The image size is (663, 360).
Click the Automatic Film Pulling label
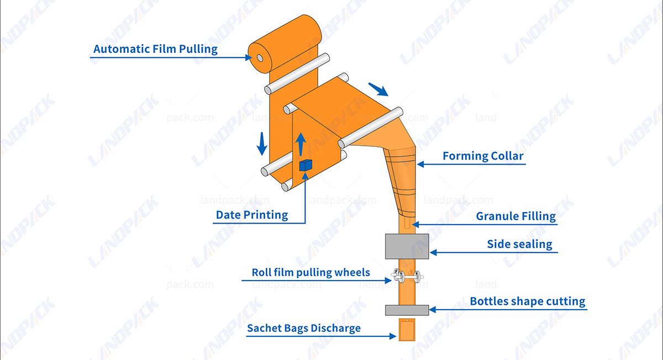click(155, 49)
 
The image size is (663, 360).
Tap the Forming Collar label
click(482, 156)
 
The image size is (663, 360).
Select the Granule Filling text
click(515, 216)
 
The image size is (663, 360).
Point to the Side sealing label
click(519, 244)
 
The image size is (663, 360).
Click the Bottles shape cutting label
click(527, 301)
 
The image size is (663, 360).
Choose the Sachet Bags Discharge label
click(303, 328)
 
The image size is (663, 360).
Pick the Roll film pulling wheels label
click(311, 272)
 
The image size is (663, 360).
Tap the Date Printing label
click(252, 215)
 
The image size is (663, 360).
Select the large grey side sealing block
click(406, 246)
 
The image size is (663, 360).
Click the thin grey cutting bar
click(406, 310)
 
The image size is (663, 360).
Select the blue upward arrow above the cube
click(300, 145)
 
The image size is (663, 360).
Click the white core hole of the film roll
click(260, 57)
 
